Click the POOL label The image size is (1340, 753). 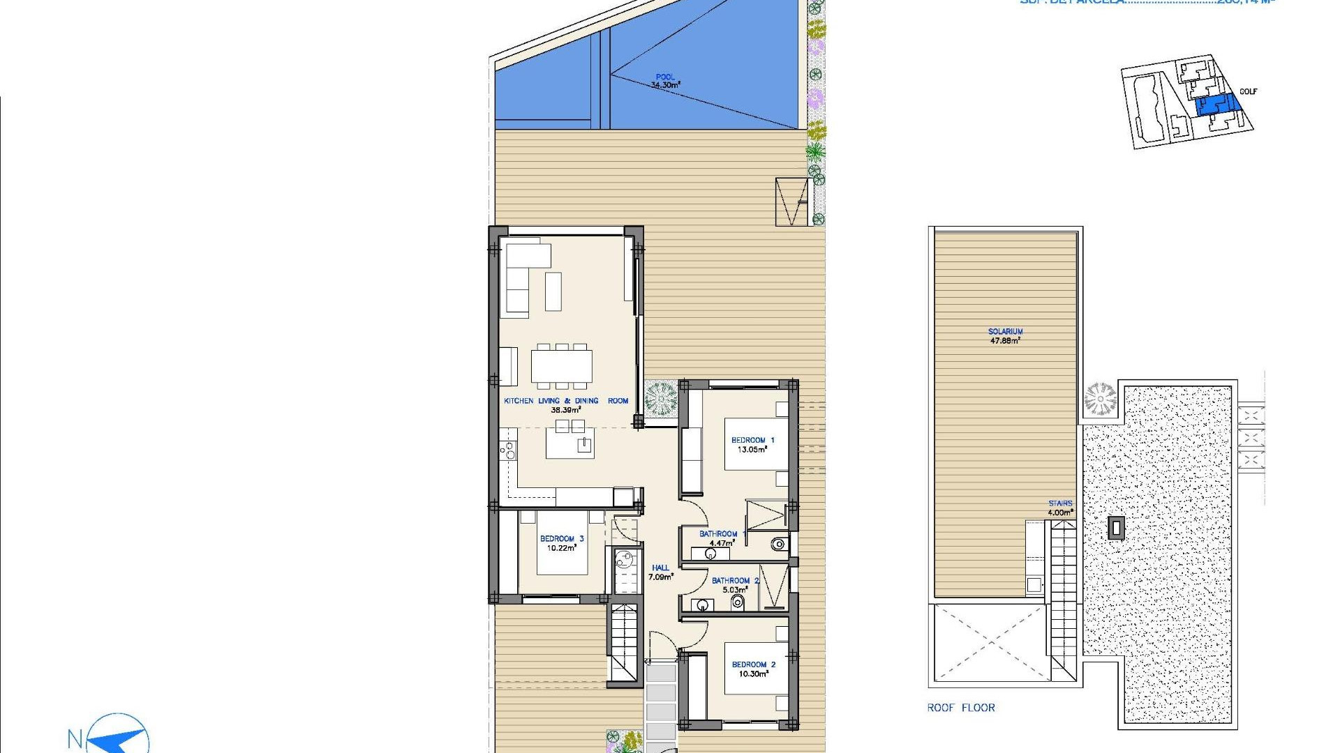click(665, 77)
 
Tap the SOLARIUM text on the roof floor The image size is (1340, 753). click(1005, 332)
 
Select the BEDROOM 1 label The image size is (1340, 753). click(752, 440)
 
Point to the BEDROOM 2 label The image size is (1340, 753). click(753, 664)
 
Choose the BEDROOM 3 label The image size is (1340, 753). click(561, 538)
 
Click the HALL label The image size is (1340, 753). click(660, 568)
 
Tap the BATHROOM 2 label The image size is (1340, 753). click(735, 580)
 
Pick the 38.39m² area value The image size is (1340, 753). click(565, 411)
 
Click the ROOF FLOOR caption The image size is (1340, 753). click(961, 708)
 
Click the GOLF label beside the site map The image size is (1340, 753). click(1248, 91)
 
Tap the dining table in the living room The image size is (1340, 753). click(561, 366)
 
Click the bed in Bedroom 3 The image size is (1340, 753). click(562, 543)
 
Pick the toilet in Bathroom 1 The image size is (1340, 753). click(778, 544)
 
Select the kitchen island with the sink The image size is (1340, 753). click(569, 444)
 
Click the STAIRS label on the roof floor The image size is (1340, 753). click(1059, 503)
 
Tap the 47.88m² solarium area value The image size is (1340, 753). click(1005, 341)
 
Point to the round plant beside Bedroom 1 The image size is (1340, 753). click(660, 399)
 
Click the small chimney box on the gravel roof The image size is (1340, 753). click(1116, 528)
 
